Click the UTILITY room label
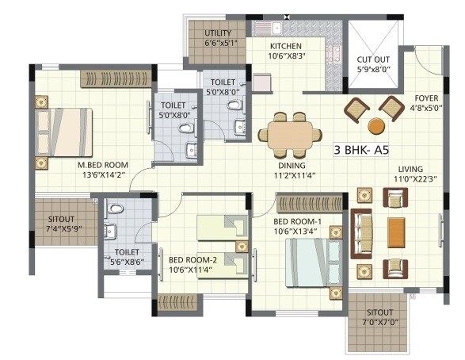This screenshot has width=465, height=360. click(x=218, y=33)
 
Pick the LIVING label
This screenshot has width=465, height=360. click(x=410, y=170)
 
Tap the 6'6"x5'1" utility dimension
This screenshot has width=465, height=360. click(x=218, y=44)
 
